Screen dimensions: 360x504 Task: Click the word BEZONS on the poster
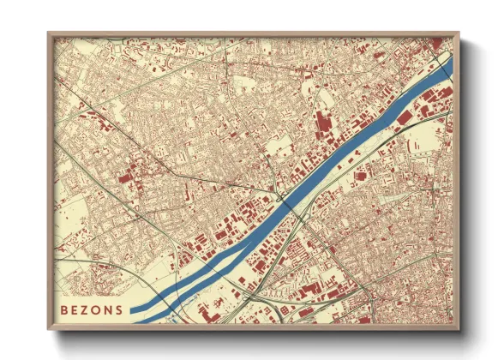pyautogui.click(x=91, y=309)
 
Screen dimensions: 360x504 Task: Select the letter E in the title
pyautogui.click(x=75, y=309)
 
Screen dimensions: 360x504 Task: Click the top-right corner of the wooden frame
pyautogui.click(x=459, y=34)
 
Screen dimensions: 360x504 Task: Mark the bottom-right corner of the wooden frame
pyautogui.click(x=459, y=330)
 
